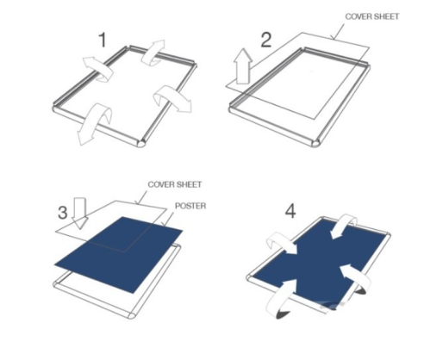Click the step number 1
[x=103, y=40]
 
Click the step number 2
[x=265, y=40]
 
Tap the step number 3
[x=63, y=213]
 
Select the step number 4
[x=290, y=212]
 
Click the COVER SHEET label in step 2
[x=372, y=16]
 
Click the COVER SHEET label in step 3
[x=175, y=184]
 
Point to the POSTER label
[x=190, y=206]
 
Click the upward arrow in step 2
[x=243, y=66]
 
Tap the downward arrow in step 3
[x=80, y=213]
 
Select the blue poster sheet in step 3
[x=118, y=256]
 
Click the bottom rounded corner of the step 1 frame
[x=141, y=144]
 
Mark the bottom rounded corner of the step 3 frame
[x=132, y=315]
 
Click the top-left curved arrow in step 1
[x=98, y=69]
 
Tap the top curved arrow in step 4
[x=344, y=226]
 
